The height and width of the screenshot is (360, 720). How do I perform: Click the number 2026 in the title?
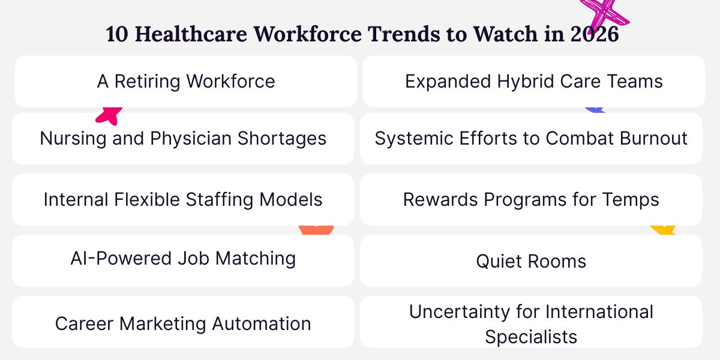(595, 34)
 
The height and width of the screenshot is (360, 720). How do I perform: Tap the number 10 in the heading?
(117, 34)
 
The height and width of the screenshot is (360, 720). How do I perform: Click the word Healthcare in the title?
(191, 34)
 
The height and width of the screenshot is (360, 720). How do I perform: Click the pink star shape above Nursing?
(109, 116)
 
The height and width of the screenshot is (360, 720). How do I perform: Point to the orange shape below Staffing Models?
(316, 230)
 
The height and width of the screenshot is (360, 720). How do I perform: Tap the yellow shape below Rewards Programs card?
(663, 230)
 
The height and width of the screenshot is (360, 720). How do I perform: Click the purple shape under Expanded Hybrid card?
(595, 110)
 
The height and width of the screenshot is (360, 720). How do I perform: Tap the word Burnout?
(653, 138)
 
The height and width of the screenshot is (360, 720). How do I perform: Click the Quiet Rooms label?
(531, 261)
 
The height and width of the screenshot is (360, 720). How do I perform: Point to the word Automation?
(262, 323)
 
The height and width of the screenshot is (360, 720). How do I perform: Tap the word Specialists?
(531, 337)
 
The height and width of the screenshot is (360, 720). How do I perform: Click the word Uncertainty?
(460, 312)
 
